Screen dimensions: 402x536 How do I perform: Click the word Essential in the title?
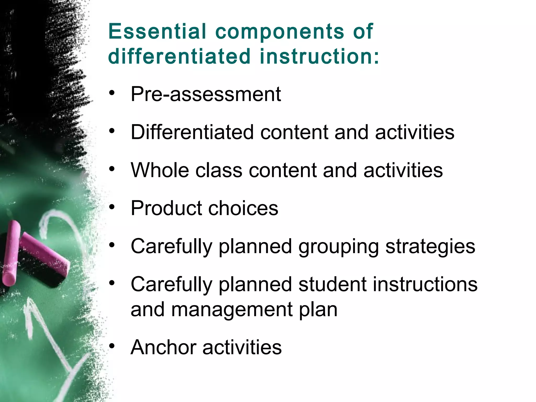(157, 31)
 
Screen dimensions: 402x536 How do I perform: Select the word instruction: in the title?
(319, 56)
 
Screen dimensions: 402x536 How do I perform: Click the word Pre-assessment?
(206, 94)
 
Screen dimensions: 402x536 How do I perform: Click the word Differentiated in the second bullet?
(192, 132)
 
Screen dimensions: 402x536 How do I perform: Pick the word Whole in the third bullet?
(160, 170)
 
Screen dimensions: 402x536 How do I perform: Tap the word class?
(219, 170)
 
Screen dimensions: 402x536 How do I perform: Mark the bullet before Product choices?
(112, 207)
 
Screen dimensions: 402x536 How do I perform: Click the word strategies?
(430, 247)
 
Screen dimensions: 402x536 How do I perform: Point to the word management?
(232, 310)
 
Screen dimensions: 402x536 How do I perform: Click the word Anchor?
(163, 347)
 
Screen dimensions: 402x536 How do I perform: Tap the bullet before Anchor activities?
(112, 346)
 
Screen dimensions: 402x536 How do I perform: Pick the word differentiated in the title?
(179, 56)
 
